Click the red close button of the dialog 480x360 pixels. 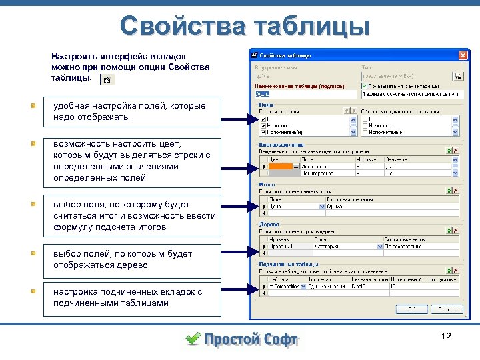pyautogui.click(x=462, y=55)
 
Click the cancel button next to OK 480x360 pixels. pyautogui.click(x=446, y=309)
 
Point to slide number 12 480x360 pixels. pyautogui.click(x=446, y=336)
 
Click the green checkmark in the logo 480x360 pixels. pyautogui.click(x=193, y=339)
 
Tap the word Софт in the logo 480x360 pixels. pyautogui.click(x=274, y=339)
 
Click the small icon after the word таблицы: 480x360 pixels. pyautogui.click(x=108, y=79)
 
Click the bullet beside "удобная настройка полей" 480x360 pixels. pyautogui.click(x=33, y=105)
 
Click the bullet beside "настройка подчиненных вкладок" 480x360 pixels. pyautogui.click(x=33, y=291)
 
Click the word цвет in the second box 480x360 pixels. pyautogui.click(x=172, y=143)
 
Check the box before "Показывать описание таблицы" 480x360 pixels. pyautogui.click(x=363, y=86)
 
